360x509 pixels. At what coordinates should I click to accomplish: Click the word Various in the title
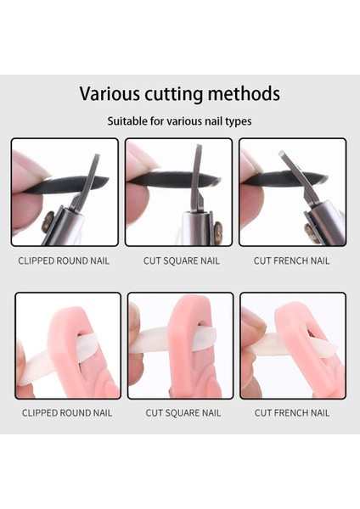click(x=110, y=94)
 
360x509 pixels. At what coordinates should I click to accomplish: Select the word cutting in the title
click(x=173, y=94)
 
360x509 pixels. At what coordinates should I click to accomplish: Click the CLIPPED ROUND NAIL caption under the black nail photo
click(x=64, y=260)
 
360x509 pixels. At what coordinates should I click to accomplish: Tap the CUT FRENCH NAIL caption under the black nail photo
click(x=292, y=260)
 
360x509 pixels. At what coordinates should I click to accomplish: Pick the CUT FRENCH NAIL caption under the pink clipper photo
click(x=292, y=413)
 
